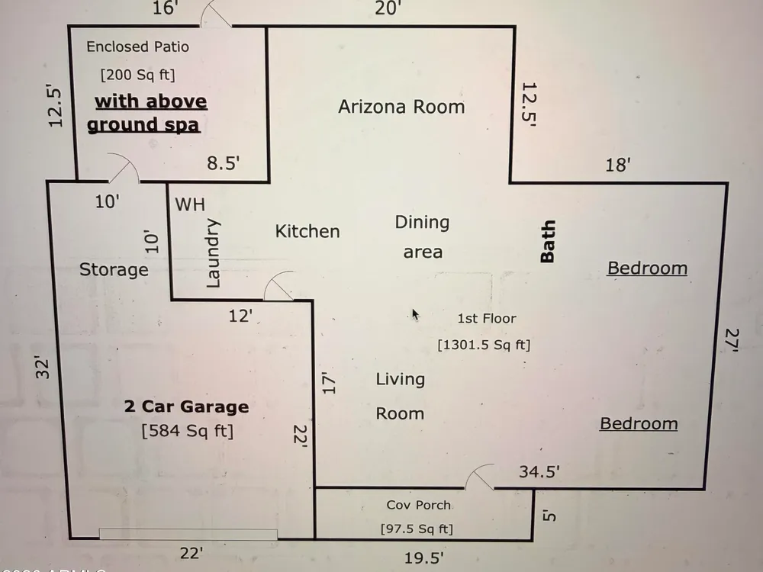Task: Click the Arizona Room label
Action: [x=401, y=107]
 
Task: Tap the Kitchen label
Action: [x=307, y=231]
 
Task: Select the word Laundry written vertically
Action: [x=213, y=253]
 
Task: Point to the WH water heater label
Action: [x=190, y=204]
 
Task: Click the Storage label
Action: [x=114, y=269]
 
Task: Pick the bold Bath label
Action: [x=548, y=241]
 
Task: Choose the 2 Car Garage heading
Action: [x=186, y=407]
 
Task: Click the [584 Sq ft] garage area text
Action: [x=188, y=430]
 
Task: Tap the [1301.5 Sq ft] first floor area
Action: [x=484, y=345]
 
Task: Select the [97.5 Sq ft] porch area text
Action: [x=417, y=529]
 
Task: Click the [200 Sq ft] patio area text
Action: [x=137, y=75]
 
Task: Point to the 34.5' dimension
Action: [x=539, y=471]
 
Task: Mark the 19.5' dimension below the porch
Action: [x=423, y=558]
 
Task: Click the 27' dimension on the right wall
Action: [x=732, y=340]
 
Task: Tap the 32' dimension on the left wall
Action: [x=43, y=368]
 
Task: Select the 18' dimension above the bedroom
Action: [x=618, y=165]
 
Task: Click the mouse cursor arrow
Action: [x=415, y=315]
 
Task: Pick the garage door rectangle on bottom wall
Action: [x=188, y=534]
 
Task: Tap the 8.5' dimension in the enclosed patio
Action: [x=224, y=163]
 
